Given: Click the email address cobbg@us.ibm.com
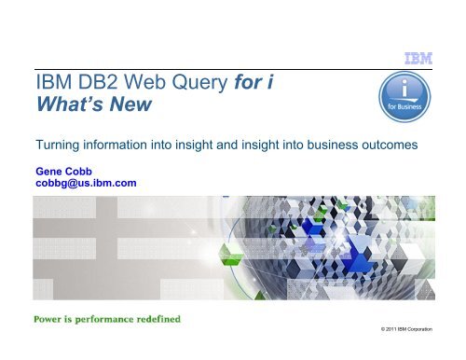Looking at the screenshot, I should point(85,184).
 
